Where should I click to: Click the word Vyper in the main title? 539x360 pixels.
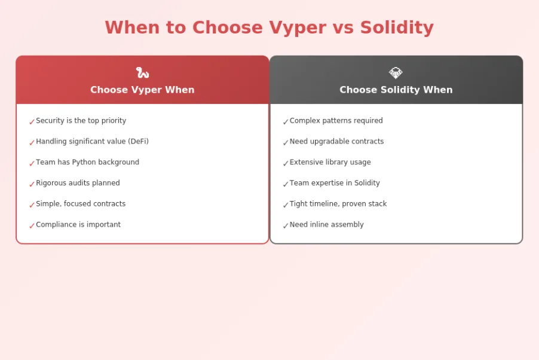[297, 28]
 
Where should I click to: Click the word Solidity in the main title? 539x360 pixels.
[397, 28]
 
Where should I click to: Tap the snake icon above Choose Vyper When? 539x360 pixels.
[142, 73]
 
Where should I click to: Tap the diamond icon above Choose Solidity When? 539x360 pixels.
[396, 73]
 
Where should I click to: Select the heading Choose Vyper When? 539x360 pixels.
[142, 90]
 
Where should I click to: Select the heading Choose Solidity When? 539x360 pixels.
[396, 90]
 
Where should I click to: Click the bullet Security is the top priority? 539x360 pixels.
[81, 121]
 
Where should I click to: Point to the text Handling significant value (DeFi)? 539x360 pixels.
[92, 142]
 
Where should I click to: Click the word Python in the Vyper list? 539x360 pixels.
[84, 162]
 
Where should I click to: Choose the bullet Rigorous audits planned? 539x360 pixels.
[78, 183]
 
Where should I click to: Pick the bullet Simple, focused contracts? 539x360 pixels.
[81, 204]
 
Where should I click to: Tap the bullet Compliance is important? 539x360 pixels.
[78, 225]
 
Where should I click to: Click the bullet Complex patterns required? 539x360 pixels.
[336, 121]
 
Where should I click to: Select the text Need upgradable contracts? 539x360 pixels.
[336, 142]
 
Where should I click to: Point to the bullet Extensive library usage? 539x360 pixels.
[330, 162]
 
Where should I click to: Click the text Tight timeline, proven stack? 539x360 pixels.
[338, 204]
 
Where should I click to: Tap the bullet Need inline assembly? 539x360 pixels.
[326, 225]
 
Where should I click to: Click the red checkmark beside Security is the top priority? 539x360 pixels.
[32, 122]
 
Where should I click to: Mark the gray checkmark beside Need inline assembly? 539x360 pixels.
[286, 226]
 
